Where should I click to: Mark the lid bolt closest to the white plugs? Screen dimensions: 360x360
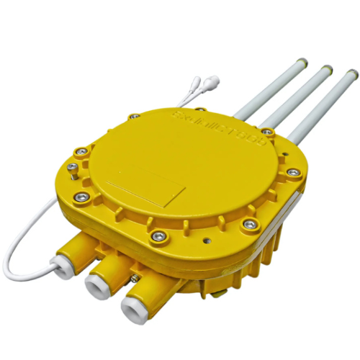134,115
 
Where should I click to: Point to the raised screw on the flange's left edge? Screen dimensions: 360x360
72,168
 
